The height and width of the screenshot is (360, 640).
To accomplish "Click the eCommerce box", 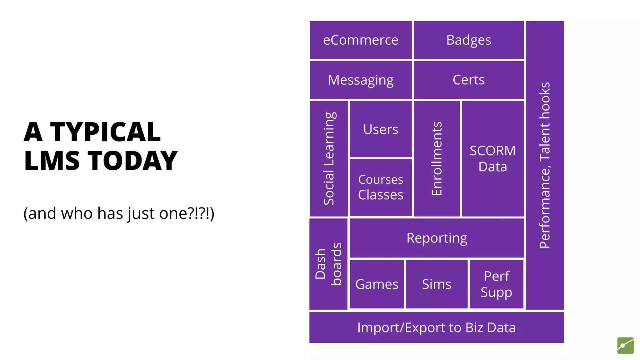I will click(361, 40).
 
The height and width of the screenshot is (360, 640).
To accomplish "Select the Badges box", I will click(468, 40).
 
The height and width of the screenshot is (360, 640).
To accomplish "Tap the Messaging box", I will click(361, 80).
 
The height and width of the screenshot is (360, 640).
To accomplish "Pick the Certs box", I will click(468, 80).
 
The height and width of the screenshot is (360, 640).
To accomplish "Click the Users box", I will click(381, 129).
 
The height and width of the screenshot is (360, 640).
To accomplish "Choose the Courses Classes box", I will click(381, 187).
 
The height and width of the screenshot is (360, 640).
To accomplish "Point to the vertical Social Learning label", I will click(329, 158).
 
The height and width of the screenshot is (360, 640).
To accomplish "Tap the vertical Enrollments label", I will click(437, 158).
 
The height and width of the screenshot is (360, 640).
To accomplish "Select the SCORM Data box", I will click(492, 158).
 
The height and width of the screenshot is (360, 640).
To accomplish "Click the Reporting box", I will click(437, 238).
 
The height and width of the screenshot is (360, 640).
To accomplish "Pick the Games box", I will click(377, 284).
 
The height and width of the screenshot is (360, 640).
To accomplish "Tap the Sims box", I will click(437, 284).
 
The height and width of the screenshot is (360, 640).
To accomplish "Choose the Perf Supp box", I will click(496, 284).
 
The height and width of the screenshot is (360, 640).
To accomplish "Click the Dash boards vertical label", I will click(328, 264).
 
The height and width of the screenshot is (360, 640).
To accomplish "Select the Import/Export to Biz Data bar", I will click(436, 327).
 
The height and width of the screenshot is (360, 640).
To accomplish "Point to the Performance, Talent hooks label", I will click(545, 165).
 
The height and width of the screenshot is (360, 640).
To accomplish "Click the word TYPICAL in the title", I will click(105, 132).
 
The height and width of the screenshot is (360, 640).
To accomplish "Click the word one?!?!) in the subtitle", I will click(187, 213).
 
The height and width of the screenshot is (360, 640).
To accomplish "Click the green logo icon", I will click(625, 346).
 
